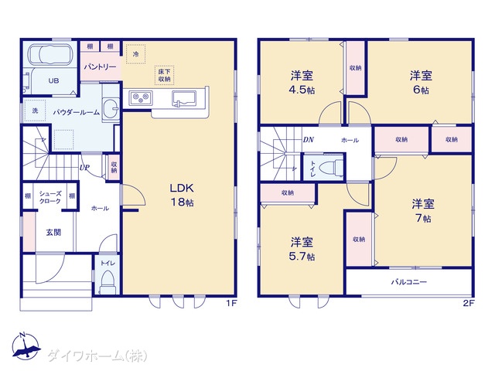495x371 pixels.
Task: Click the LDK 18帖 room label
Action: pyautogui.click(x=182, y=195)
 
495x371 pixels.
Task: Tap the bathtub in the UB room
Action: pyautogui.click(x=51, y=54)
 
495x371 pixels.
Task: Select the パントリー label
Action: pyautogui.click(x=100, y=67)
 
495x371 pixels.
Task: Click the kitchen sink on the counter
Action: pyautogui.click(x=184, y=98)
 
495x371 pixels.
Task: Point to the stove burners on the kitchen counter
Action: pyautogui.click(x=141, y=98)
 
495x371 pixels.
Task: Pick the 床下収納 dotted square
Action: pyautogui.click(x=165, y=76)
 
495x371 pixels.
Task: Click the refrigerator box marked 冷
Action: pyautogui.click(x=136, y=54)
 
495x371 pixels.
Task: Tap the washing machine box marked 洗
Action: pyautogui.click(x=35, y=111)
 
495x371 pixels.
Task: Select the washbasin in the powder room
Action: pyautogui.click(x=111, y=109)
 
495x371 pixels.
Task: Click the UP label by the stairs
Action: pyautogui.click(x=84, y=168)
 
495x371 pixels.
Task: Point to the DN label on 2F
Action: pyautogui.click(x=308, y=140)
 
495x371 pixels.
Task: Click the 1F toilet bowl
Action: pyautogui.click(x=108, y=281)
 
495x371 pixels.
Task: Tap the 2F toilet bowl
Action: pyautogui.click(x=329, y=167)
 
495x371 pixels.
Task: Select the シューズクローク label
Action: pyautogui.click(x=50, y=198)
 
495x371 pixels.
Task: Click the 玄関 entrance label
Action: pyautogui.click(x=53, y=233)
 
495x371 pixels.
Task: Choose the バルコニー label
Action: pyautogui.click(x=409, y=281)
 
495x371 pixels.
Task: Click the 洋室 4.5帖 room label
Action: pyautogui.click(x=302, y=83)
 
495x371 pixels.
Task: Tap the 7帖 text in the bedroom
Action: pyautogui.click(x=423, y=218)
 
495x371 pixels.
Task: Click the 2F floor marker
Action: pyautogui.click(x=469, y=304)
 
